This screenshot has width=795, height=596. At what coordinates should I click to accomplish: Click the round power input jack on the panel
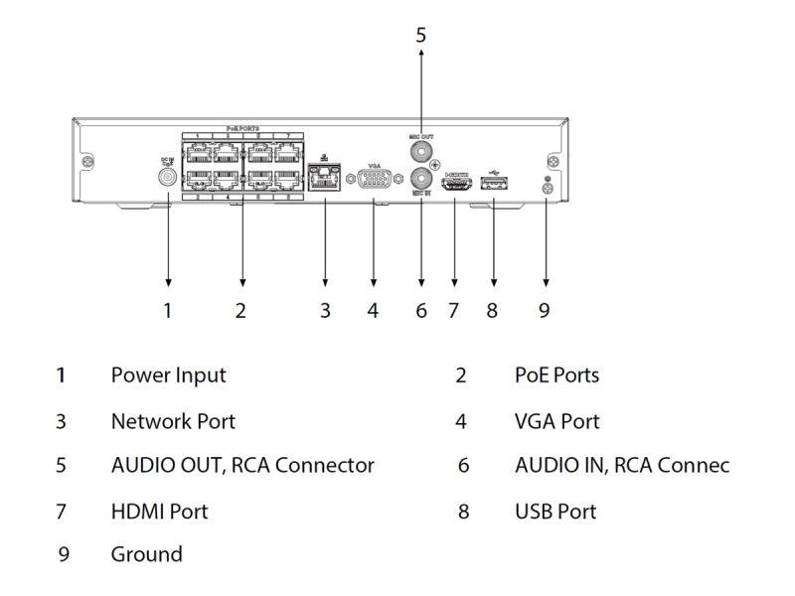[x=167, y=179]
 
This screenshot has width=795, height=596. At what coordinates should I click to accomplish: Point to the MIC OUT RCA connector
[x=420, y=152]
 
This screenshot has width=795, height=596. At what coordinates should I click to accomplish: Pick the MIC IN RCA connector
[x=420, y=180]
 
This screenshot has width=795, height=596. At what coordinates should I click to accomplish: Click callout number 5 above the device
[x=420, y=35]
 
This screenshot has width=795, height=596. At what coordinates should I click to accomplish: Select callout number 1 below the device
[x=167, y=311]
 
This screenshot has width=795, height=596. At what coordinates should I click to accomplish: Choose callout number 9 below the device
[x=544, y=311]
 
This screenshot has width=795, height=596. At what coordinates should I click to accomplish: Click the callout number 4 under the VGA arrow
[x=373, y=311]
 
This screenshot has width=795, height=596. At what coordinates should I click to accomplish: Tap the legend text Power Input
[x=168, y=375]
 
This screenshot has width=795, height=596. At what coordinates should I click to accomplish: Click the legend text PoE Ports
[x=556, y=375]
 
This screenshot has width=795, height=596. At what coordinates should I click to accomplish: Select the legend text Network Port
[x=173, y=421]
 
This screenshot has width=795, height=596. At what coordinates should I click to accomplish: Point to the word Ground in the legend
[x=146, y=554]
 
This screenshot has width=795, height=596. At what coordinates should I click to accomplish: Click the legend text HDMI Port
[x=159, y=512]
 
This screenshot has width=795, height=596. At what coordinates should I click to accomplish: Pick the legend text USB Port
[x=556, y=512]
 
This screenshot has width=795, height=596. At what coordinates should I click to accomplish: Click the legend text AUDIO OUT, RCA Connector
[x=242, y=465]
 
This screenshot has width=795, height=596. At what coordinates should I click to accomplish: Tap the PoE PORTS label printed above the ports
[x=241, y=129]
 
